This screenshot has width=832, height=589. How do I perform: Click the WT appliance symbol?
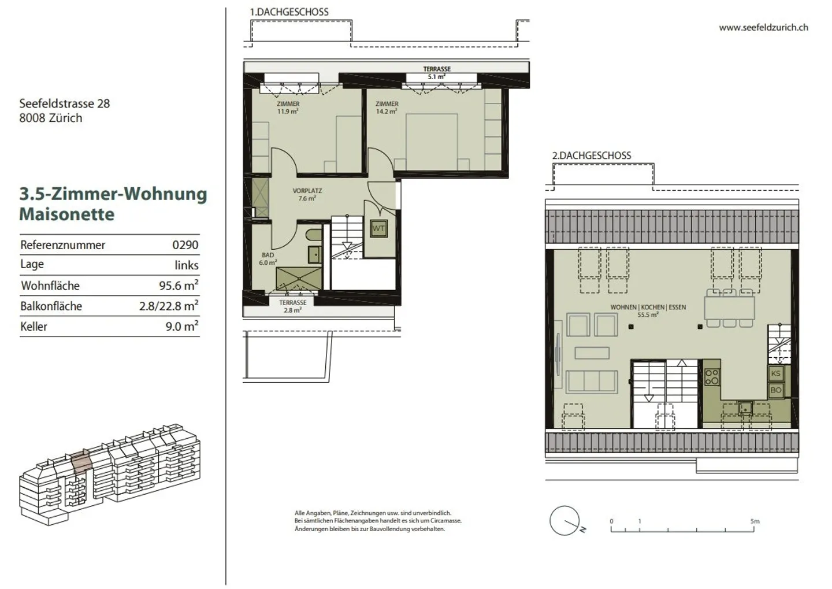pos(378,228)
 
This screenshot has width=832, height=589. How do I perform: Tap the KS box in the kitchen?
pos(776,373)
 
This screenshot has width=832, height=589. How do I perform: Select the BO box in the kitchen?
pos(776,390)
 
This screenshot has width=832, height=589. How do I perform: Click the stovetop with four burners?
pos(712,377)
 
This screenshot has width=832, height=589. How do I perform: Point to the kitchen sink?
pos(745,409)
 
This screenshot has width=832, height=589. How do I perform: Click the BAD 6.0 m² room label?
pos(268,258)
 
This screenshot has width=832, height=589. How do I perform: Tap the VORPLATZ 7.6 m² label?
pos(307,194)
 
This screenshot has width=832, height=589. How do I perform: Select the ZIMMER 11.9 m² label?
pos(288,108)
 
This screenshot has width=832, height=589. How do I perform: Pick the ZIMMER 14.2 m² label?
pos(387,108)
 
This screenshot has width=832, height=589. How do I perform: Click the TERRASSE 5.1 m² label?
pos(437,73)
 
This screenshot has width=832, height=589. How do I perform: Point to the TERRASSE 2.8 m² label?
pos(293,306)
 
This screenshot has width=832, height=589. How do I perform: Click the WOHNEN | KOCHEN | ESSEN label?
pos(648,308)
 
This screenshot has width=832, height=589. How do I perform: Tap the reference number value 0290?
pos(185,245)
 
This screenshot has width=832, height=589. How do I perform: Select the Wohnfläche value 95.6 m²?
pos(179,285)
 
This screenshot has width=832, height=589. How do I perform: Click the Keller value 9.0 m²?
pos(182,326)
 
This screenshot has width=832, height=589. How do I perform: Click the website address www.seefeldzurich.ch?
pos(764,28)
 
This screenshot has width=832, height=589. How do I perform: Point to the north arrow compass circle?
pos(564,521)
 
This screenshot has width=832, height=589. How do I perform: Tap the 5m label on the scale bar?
pos(755,521)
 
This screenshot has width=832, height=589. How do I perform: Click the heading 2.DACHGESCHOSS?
pos(591,155)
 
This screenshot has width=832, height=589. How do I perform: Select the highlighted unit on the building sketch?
pos(81,462)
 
